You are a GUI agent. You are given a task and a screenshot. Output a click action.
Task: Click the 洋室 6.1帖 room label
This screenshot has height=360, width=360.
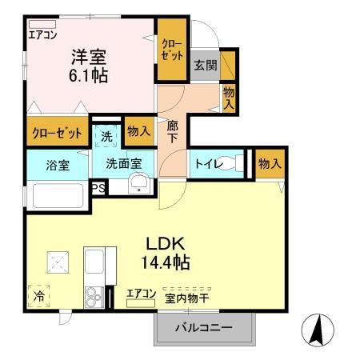click(88, 66)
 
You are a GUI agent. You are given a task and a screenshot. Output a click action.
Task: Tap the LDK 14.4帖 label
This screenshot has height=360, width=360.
click(166, 251)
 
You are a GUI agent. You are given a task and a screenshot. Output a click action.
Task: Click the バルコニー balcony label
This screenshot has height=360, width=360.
click(204, 329)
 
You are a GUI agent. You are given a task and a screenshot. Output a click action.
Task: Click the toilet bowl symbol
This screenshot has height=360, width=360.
click(231, 164)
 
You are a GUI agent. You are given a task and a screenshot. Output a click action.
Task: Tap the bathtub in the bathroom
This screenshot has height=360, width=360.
click(56, 196)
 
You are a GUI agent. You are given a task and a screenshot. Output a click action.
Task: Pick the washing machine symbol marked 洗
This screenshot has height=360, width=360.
click(107, 137)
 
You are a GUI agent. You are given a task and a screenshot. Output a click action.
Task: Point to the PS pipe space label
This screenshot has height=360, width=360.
click(99, 188)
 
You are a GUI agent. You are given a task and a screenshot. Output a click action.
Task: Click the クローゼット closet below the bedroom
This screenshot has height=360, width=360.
click(57, 133)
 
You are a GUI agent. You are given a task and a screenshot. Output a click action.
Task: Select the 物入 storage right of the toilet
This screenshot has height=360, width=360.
click(270, 163)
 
